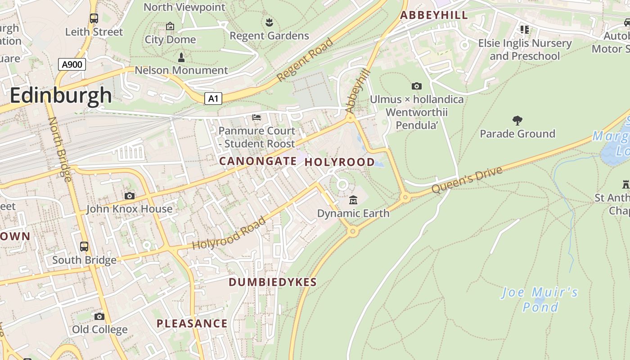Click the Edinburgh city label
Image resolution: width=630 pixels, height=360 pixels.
point(61,95)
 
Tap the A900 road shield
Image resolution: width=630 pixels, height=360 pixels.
point(72,64)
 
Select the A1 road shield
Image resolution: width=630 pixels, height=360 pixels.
point(213,99)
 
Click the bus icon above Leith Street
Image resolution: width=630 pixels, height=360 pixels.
point(94,18)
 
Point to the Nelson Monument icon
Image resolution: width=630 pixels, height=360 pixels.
point(181,57)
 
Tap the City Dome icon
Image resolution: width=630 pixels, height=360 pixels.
point(170,27)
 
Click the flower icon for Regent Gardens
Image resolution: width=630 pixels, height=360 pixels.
point(269,22)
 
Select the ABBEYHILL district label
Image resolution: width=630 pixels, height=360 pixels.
point(434,15)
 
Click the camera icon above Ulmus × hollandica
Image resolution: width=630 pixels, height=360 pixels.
point(417,86)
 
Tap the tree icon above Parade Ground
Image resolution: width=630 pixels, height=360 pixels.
point(517,120)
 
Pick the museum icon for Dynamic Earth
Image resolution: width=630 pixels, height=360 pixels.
point(353,200)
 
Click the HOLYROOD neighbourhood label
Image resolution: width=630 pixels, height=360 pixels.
point(340,162)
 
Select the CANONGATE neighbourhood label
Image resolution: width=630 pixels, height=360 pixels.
point(258,161)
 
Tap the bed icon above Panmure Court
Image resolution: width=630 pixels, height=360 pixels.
point(256,117)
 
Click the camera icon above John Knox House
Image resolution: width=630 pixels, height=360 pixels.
point(129,196)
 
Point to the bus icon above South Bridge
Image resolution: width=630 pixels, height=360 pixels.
point(84,247)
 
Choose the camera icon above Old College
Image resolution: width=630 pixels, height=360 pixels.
point(99,316)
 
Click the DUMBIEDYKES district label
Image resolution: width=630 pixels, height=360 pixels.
point(273,282)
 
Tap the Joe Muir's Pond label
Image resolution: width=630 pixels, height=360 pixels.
point(540,300)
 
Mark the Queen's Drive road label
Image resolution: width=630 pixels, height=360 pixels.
point(467,180)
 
